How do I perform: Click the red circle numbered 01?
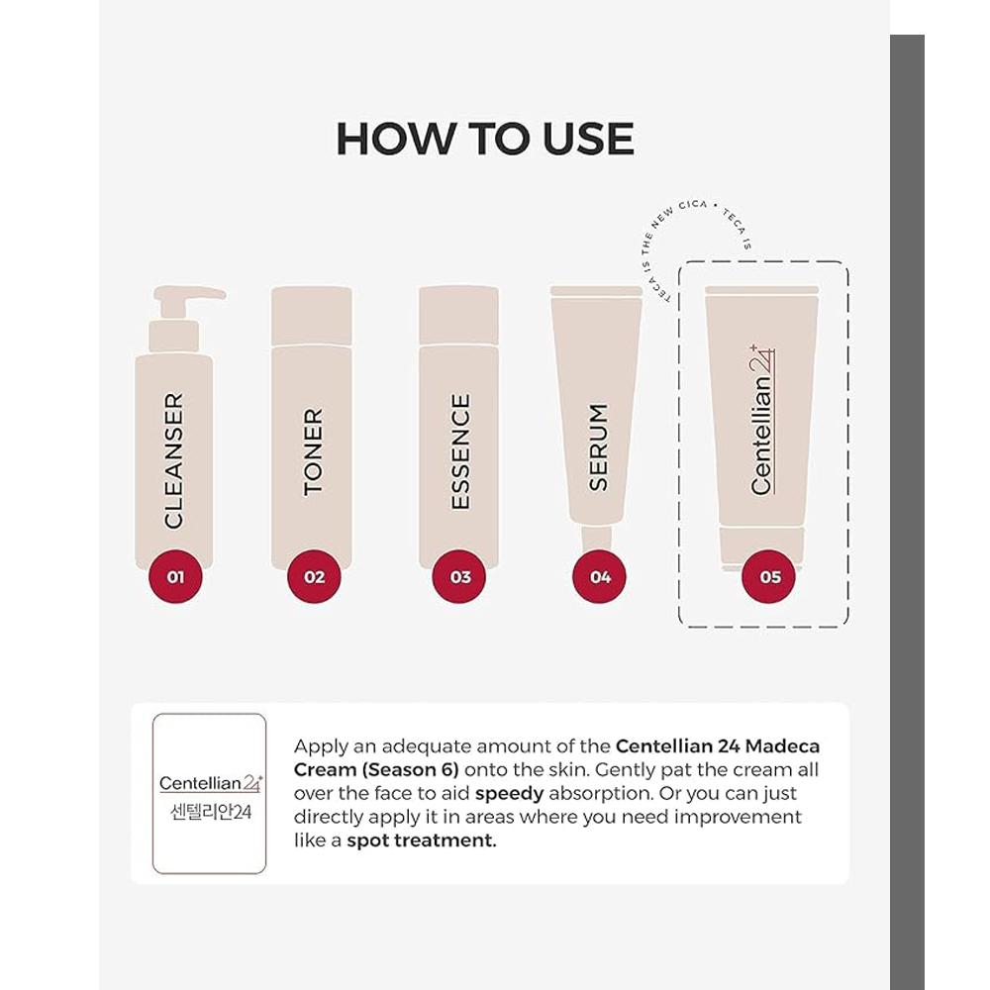point(175,576)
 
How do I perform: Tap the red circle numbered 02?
point(314,576)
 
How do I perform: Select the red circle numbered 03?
point(460,576)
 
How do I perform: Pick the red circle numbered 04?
point(600,576)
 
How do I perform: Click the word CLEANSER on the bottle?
point(174,459)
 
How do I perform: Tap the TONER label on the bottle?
point(313,451)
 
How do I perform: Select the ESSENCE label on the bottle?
point(460,451)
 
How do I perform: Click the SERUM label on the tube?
point(599,446)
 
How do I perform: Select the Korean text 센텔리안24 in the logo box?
point(210,809)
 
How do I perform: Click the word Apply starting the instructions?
point(322,745)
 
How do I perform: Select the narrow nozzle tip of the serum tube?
point(598,539)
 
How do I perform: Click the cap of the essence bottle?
point(458,315)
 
